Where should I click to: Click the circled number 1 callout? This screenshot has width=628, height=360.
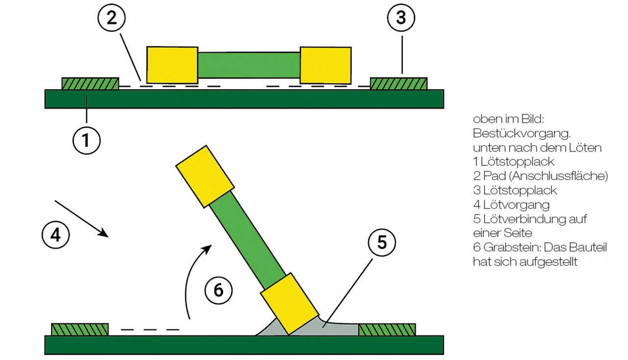(86, 140)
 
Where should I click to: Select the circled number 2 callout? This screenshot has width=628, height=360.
(111, 18)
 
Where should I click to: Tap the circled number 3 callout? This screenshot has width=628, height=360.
(401, 18)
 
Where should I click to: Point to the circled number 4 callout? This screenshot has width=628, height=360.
(55, 234)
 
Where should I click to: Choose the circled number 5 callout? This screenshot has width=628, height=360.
(382, 242)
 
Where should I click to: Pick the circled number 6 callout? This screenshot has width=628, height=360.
(218, 290)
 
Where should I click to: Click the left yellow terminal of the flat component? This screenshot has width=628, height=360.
(172, 65)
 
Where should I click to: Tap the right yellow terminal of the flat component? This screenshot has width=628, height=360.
(325, 65)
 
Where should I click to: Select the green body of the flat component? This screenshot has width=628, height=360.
(249, 65)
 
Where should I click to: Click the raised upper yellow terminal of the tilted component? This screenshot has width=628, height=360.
(205, 177)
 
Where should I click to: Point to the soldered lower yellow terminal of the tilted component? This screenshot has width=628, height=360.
(289, 304)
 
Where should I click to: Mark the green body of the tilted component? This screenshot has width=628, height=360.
(248, 240)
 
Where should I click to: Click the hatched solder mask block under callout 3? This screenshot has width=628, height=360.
(399, 84)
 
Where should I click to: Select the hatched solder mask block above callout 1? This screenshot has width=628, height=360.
(90, 84)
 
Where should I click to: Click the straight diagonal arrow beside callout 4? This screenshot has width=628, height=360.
(81, 219)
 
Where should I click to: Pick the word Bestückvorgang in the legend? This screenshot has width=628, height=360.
(522, 133)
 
